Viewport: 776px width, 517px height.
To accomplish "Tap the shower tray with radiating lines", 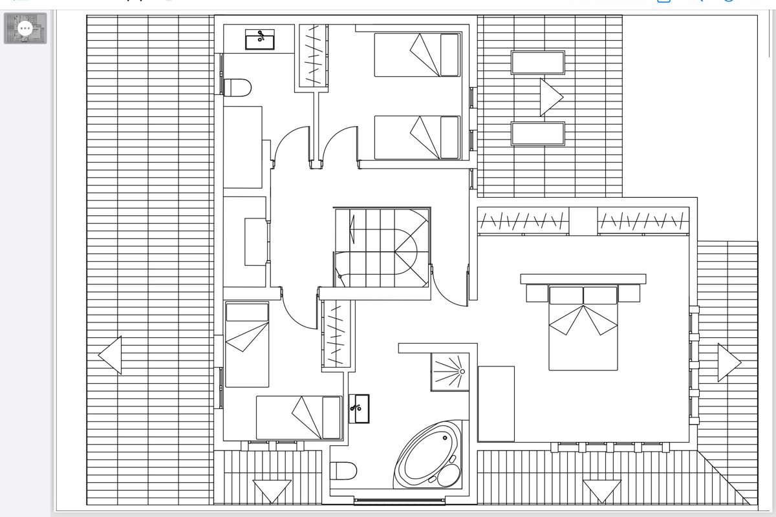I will pos(450,372).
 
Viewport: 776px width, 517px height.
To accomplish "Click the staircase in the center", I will pos(382,248).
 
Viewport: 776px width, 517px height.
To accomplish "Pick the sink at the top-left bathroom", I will pos(260,39).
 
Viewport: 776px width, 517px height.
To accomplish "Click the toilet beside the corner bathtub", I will pos(343,470).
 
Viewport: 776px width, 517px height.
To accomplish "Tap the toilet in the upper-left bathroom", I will pos(237,87).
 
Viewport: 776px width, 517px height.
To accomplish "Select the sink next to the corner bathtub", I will pos(359,408).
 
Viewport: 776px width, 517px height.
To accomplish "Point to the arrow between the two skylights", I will pos(551,98).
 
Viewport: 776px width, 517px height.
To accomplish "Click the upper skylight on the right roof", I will pos(538,63).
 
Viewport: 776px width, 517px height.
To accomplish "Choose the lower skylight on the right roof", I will pos(538,133).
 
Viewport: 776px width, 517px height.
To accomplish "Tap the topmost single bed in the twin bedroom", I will pos(417,55).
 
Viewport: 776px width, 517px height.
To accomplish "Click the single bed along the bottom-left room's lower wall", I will pos(298,417).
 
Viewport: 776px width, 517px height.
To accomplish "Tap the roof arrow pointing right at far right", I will pos(729,363).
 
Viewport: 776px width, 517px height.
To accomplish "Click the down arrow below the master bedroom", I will pos(602,491).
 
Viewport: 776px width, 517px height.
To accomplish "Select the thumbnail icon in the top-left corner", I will pos(26,28).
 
